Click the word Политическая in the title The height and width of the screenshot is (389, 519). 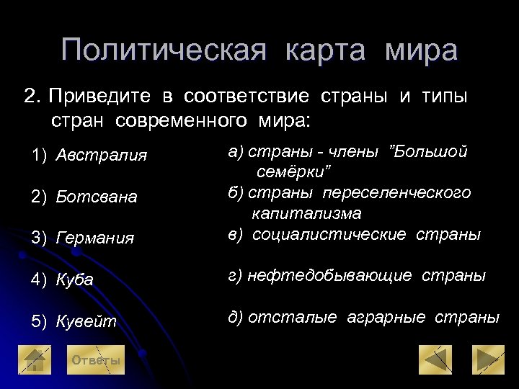click(164, 50)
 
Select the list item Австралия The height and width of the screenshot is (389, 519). click(102, 156)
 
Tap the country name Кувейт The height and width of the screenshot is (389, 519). click(86, 321)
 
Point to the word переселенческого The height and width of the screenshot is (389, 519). click(396, 193)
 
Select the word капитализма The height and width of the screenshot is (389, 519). click(306, 214)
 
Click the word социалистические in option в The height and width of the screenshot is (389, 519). click(333, 235)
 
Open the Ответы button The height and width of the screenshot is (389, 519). click(96, 360)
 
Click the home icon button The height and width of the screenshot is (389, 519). click(35, 360)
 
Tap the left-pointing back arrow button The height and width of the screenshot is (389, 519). click(435, 359)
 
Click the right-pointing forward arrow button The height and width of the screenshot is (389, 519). click(487, 359)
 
